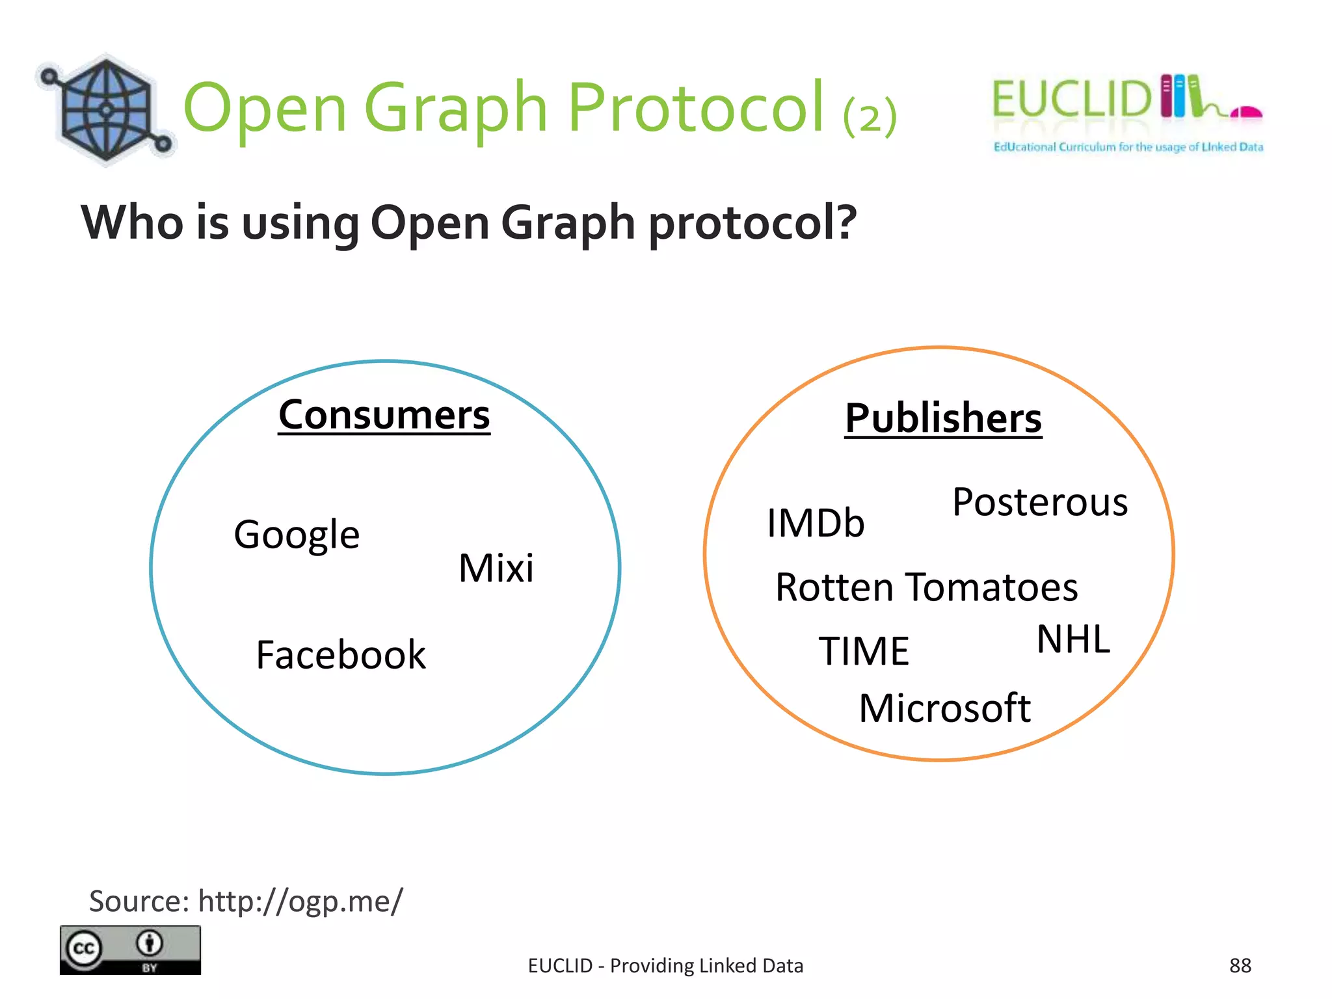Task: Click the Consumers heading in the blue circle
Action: [384, 415]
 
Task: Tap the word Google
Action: [297, 535]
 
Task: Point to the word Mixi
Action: [496, 568]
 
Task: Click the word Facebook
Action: [341, 654]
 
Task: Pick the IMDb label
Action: [816, 523]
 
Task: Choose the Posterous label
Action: [1040, 502]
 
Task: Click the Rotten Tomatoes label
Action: [927, 587]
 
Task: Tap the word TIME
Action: [864, 651]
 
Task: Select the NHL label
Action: [1073, 639]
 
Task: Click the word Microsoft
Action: [944, 708]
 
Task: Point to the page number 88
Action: [1240, 966]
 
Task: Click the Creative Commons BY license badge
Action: [130, 950]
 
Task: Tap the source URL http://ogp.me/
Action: [300, 901]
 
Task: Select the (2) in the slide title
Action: [870, 116]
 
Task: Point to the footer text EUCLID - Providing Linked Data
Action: [665, 966]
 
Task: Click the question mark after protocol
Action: [847, 222]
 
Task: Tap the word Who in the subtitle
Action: [132, 222]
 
